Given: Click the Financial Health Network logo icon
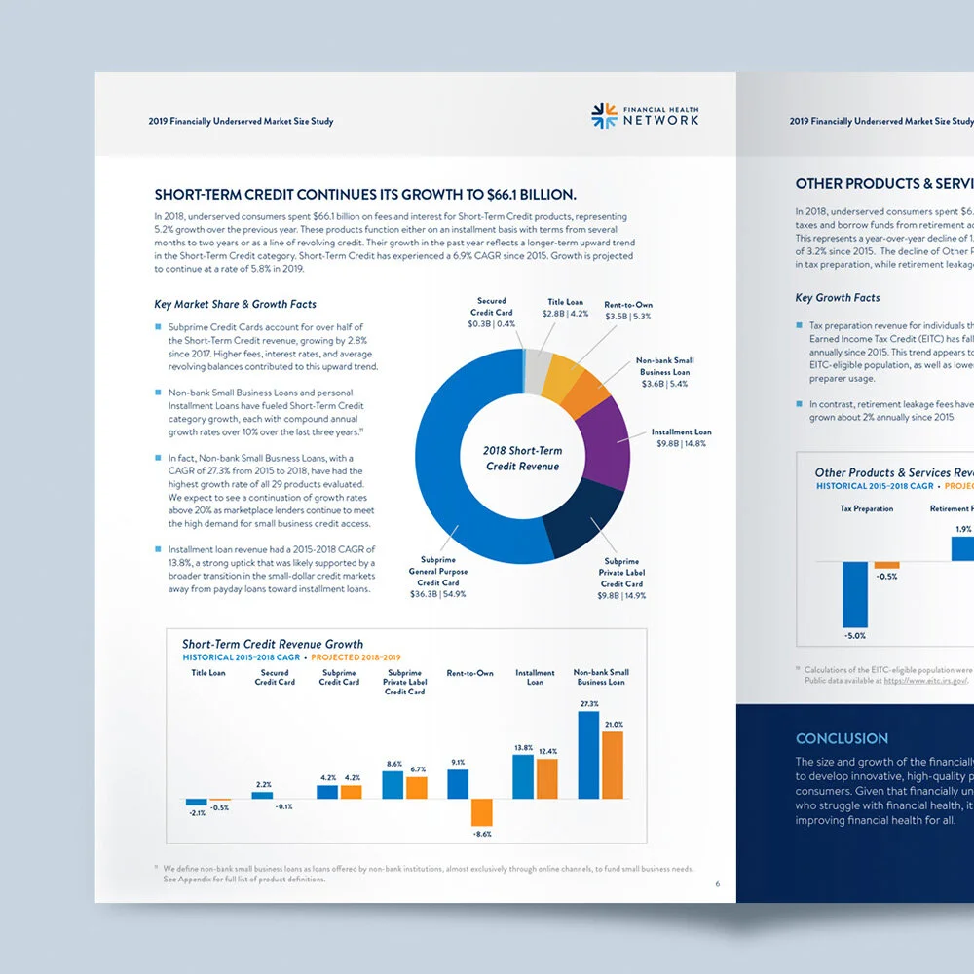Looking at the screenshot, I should pyautogui.click(x=604, y=116).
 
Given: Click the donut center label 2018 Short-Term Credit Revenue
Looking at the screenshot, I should pyautogui.click(x=522, y=459).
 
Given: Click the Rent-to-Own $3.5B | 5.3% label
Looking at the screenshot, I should pyautogui.click(x=627, y=311).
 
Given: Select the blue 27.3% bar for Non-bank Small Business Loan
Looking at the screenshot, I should pyautogui.click(x=588, y=755).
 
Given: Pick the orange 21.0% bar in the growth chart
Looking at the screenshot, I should pyautogui.click(x=613, y=765).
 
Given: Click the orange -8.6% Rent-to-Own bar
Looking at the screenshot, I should pyautogui.click(x=482, y=812).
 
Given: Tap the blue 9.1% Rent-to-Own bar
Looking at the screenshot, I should pyautogui.click(x=458, y=784).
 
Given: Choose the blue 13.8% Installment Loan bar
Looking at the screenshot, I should pyautogui.click(x=523, y=776).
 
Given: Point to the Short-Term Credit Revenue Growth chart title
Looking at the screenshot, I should pyautogui.click(x=273, y=644).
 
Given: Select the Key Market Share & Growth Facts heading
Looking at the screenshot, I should pyautogui.click(x=235, y=304).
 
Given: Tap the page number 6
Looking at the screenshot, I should pyautogui.click(x=718, y=884).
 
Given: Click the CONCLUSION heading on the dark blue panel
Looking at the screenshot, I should pyautogui.click(x=842, y=738).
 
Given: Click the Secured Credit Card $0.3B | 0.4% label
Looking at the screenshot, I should pyautogui.click(x=492, y=313).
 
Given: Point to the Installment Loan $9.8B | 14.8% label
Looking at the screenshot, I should pyautogui.click(x=681, y=437).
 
